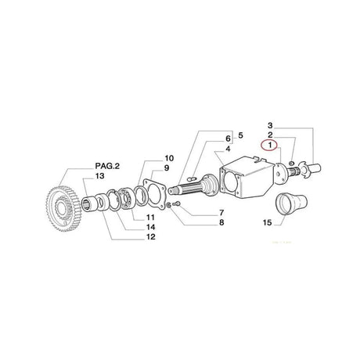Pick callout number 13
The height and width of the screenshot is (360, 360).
point(99,199)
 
